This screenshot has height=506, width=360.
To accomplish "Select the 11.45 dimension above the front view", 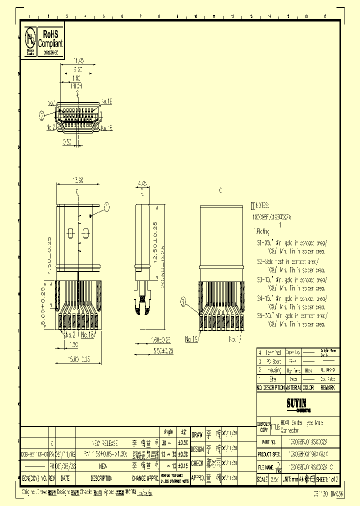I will point(78,61).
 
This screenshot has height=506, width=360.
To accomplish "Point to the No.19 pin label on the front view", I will point(106,101).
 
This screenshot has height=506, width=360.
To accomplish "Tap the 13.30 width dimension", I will point(78,180).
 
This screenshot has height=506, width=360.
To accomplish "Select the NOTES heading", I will point(262,205).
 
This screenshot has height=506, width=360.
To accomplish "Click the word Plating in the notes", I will point(262,231).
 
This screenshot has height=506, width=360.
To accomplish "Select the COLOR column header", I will point(309,387).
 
